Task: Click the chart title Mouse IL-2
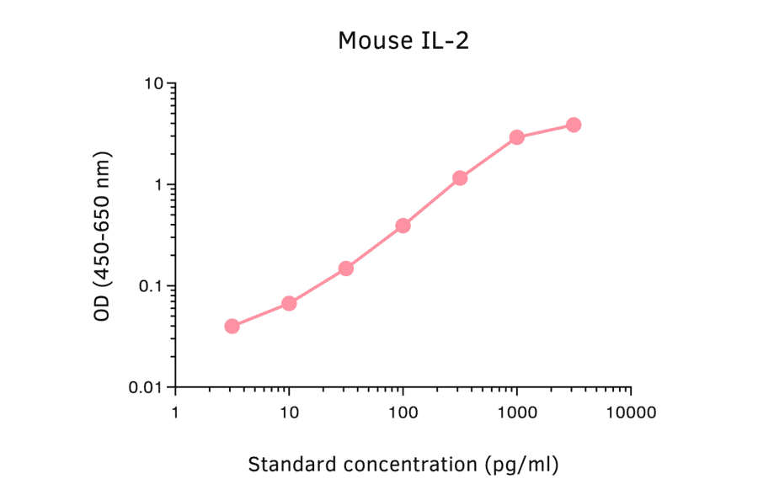[x=403, y=40]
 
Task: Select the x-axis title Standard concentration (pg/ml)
[x=403, y=464]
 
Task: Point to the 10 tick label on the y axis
[x=153, y=84]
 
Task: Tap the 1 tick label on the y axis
[x=158, y=185]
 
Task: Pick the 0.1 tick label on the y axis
[x=150, y=286]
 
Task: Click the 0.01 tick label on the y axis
[x=146, y=387]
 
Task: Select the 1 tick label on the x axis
[x=175, y=413]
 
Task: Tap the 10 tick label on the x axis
[x=289, y=413]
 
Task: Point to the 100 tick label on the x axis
[x=403, y=413]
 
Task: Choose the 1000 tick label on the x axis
[x=516, y=413]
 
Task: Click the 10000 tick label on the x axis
[x=630, y=413]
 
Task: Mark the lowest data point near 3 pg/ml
[x=232, y=326]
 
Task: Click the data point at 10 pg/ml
[x=289, y=303]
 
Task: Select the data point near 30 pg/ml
[x=345, y=269]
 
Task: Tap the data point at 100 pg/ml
[x=403, y=226]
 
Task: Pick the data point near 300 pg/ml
[x=460, y=178]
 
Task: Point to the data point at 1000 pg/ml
[x=516, y=137]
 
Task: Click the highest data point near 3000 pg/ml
[x=574, y=125]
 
